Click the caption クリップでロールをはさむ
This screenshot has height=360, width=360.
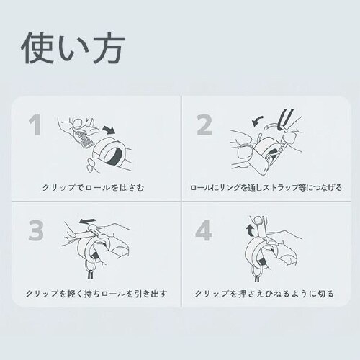point(95,189)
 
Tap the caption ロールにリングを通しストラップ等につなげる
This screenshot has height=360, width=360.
point(266,189)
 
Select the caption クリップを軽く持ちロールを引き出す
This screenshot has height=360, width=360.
point(95,294)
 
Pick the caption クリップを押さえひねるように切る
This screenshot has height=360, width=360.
point(266,294)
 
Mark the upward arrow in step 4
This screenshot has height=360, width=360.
point(250,230)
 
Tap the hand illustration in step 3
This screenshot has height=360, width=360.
point(108,241)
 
